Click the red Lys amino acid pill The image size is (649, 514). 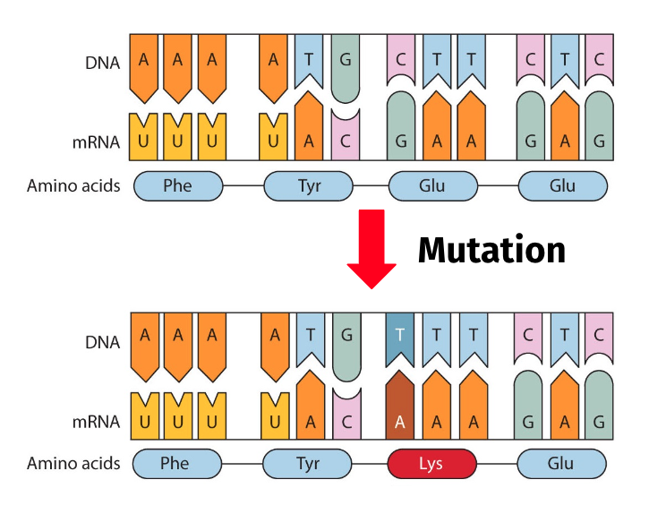coord(431,464)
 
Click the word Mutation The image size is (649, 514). coord(491,250)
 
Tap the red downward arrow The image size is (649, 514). coord(371,249)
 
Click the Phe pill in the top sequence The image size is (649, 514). coord(178,186)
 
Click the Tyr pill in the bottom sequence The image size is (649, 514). coord(308,464)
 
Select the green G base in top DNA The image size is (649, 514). coord(346,68)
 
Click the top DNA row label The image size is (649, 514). coord(102,63)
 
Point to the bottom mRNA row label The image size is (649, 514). coord(96,422)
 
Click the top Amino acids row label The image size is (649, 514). coord(73,185)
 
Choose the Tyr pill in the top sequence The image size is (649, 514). coord(309,186)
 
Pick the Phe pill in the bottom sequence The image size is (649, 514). coord(177,464)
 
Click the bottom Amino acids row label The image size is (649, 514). coord(73,463)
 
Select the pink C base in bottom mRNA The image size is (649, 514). coord(346,414)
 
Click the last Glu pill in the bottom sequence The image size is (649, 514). coord(561,464)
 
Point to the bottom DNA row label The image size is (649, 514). coord(102,343)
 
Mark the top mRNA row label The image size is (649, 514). coord(96,142)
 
